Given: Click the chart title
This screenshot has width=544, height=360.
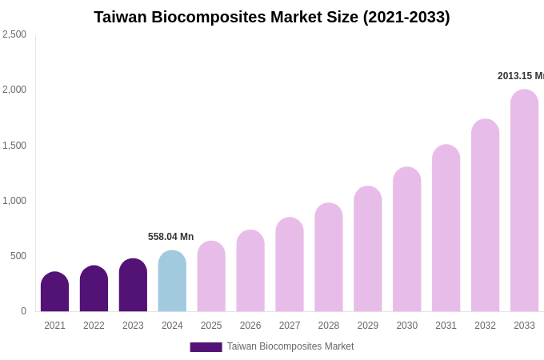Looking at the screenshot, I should click(272, 17).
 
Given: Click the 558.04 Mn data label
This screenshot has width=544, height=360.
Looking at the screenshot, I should click(170, 237).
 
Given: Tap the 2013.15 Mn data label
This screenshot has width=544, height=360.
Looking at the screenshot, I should click(521, 76).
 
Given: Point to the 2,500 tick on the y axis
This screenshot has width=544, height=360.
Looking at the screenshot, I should click(14, 34).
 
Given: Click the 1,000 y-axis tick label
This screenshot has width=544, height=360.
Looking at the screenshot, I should click(14, 201).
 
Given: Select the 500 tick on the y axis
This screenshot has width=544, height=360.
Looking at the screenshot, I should click(18, 256).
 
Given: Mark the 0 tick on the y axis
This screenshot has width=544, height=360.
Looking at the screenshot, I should click(23, 311).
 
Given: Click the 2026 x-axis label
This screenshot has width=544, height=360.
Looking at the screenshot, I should click(250, 326).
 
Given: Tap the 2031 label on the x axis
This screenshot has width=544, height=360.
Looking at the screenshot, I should click(446, 326).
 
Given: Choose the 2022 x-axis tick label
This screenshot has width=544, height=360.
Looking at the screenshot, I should click(94, 326).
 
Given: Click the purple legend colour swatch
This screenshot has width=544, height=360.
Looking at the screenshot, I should click(206, 347).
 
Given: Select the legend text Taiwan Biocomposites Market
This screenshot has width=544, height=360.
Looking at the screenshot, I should click(290, 346).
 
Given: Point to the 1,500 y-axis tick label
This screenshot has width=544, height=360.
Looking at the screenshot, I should click(14, 146).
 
